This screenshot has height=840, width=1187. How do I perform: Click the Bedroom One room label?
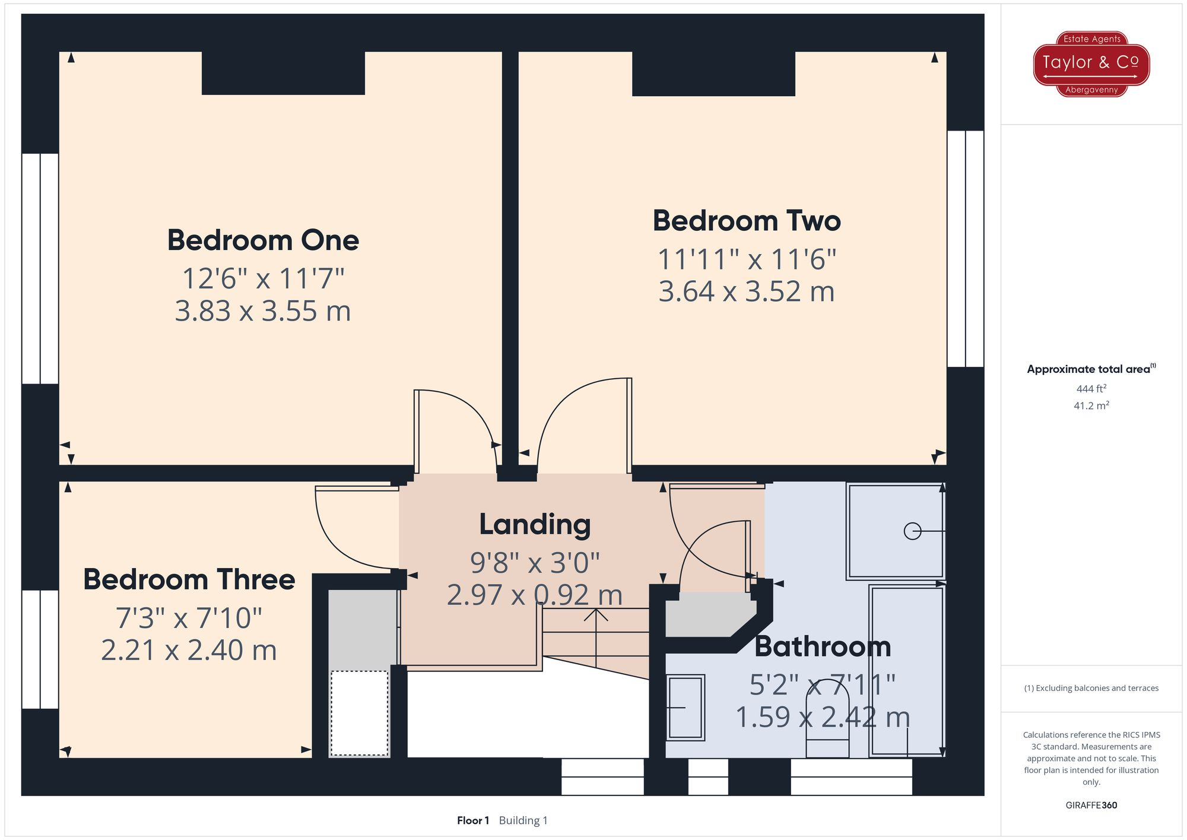tap(263, 240)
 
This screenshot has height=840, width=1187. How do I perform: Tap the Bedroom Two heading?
tap(747, 221)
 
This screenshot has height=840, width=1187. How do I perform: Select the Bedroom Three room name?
tap(189, 579)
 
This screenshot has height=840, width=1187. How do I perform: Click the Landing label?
tap(535, 525)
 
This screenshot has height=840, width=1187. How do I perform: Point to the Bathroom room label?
tap(823, 646)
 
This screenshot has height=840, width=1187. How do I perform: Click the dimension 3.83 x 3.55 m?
tap(263, 311)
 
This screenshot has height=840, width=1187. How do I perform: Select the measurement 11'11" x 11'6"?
tap(747, 259)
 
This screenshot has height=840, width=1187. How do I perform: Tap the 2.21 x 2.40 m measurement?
tap(189, 650)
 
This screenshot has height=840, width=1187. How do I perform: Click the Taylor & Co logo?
tap(1091, 64)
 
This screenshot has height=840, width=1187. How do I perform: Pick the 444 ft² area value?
tap(1091, 389)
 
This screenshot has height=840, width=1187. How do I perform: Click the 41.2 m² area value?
tap(1091, 406)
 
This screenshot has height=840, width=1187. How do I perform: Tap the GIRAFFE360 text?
tap(1091, 805)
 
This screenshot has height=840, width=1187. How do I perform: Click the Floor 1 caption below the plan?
tap(473, 820)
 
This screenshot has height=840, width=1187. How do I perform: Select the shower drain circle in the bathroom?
tap(912, 531)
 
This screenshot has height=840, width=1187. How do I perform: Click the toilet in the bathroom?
tap(827, 730)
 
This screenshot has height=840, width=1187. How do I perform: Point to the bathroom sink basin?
tap(685, 708)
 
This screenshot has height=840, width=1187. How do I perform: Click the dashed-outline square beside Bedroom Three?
tap(359, 713)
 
